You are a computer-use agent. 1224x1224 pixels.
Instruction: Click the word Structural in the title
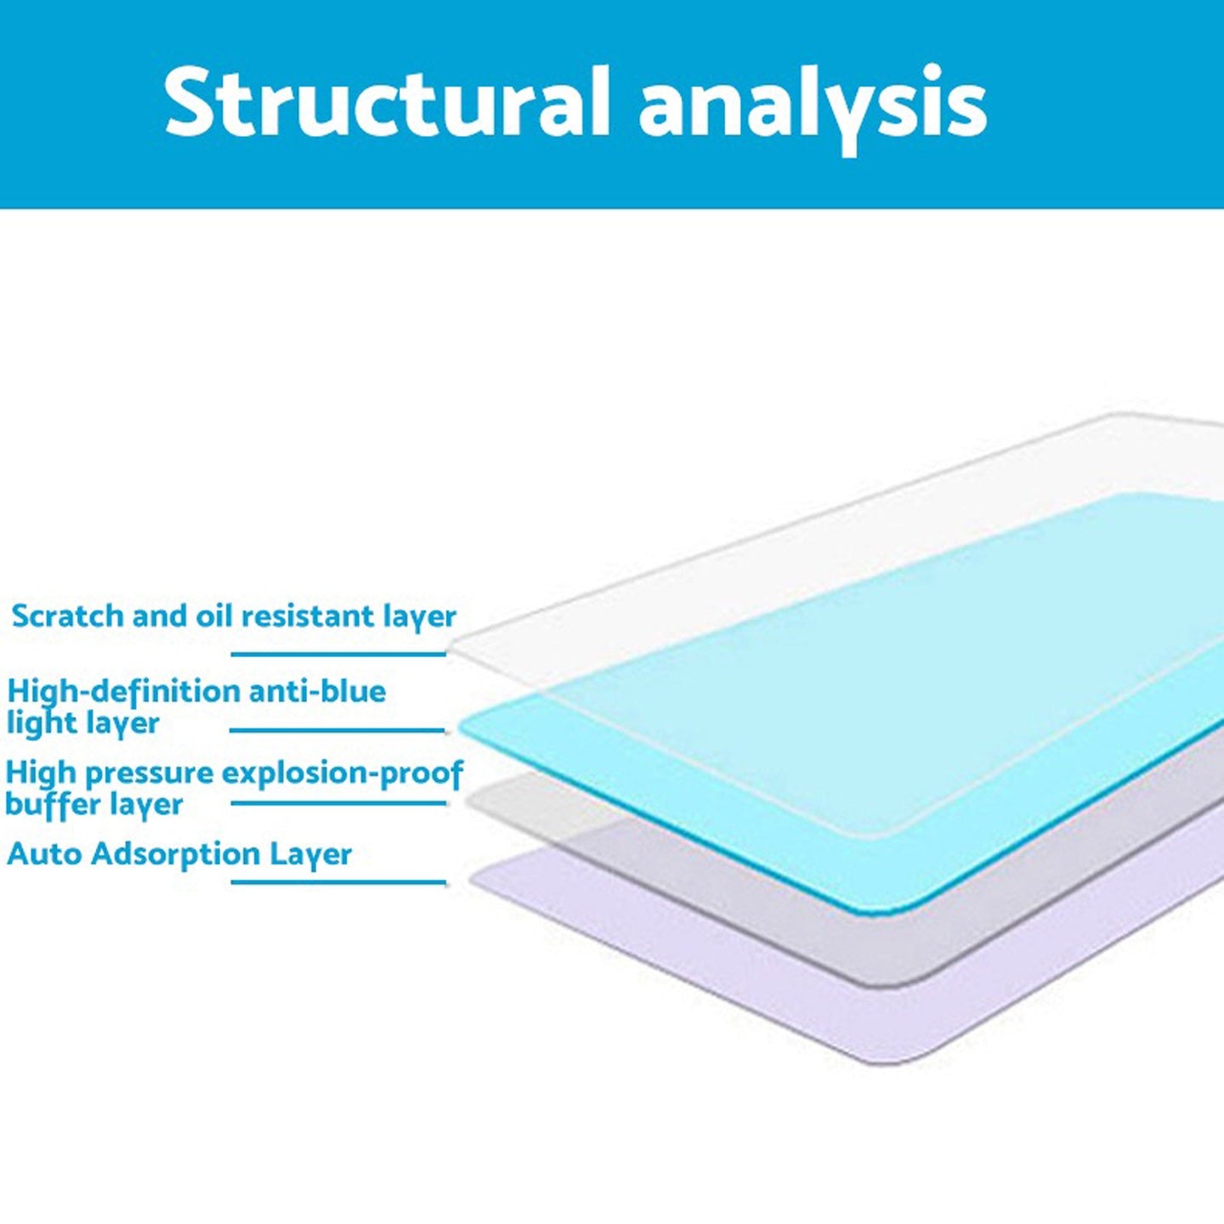point(387,101)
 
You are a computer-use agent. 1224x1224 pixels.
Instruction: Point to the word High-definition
point(124,691)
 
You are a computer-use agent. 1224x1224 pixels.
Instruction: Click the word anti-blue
point(318,691)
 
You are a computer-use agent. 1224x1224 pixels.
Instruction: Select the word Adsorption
point(176,854)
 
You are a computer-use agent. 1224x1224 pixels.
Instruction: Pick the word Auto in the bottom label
point(45,853)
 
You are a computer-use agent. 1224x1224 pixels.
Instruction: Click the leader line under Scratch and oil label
point(338,654)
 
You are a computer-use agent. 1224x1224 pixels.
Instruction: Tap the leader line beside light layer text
point(337,730)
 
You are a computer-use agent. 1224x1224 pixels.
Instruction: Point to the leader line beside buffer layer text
point(338,803)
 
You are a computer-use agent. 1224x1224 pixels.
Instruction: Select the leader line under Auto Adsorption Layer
point(338,882)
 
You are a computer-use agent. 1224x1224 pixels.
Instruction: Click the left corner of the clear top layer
point(450,649)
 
